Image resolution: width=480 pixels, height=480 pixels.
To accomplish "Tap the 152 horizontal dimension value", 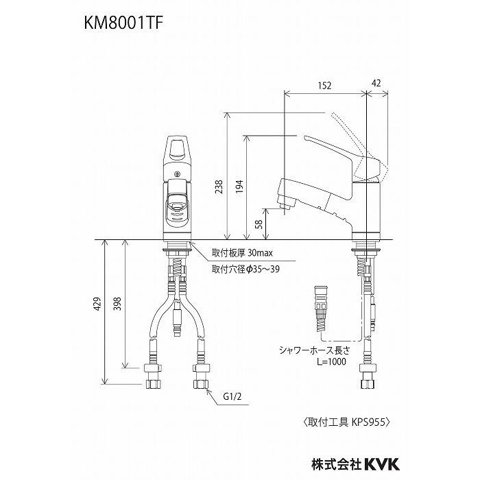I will tap(325, 85).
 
